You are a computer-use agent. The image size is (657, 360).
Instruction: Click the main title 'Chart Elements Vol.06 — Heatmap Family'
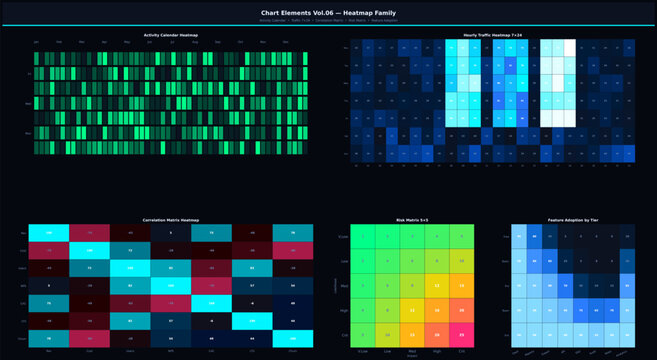(x=328, y=12)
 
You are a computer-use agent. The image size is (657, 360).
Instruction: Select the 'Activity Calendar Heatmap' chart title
(x=170, y=35)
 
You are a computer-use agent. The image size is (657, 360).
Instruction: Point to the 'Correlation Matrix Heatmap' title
(x=170, y=219)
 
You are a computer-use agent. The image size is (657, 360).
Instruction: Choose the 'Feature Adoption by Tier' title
(x=573, y=219)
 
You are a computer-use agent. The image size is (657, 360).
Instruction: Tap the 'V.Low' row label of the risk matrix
(x=345, y=236)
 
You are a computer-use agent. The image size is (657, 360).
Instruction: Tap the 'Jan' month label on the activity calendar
(x=36, y=42)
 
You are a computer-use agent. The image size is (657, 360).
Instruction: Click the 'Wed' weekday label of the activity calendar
(x=28, y=103)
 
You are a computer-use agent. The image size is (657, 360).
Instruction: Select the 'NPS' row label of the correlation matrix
(x=22, y=286)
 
